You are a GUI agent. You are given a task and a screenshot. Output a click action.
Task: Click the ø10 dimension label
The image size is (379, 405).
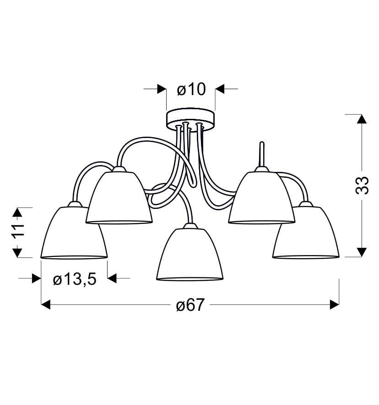(x=191, y=90)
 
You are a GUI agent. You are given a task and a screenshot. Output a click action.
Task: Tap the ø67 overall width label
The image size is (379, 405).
(x=190, y=305)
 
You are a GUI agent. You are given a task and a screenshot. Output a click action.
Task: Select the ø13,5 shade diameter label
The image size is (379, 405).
(x=75, y=279)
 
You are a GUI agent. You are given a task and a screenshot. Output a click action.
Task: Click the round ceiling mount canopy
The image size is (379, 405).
(x=191, y=119)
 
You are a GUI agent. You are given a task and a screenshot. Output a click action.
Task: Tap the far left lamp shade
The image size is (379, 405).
(x=74, y=230)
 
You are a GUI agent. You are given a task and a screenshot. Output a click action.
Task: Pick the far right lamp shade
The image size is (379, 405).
(x=306, y=230)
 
